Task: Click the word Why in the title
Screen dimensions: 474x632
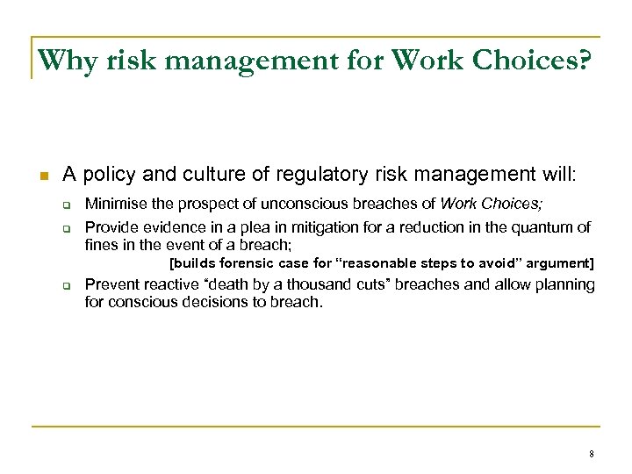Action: pos(64,61)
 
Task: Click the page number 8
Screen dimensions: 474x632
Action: pos(592,454)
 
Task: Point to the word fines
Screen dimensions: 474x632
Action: pos(99,244)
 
